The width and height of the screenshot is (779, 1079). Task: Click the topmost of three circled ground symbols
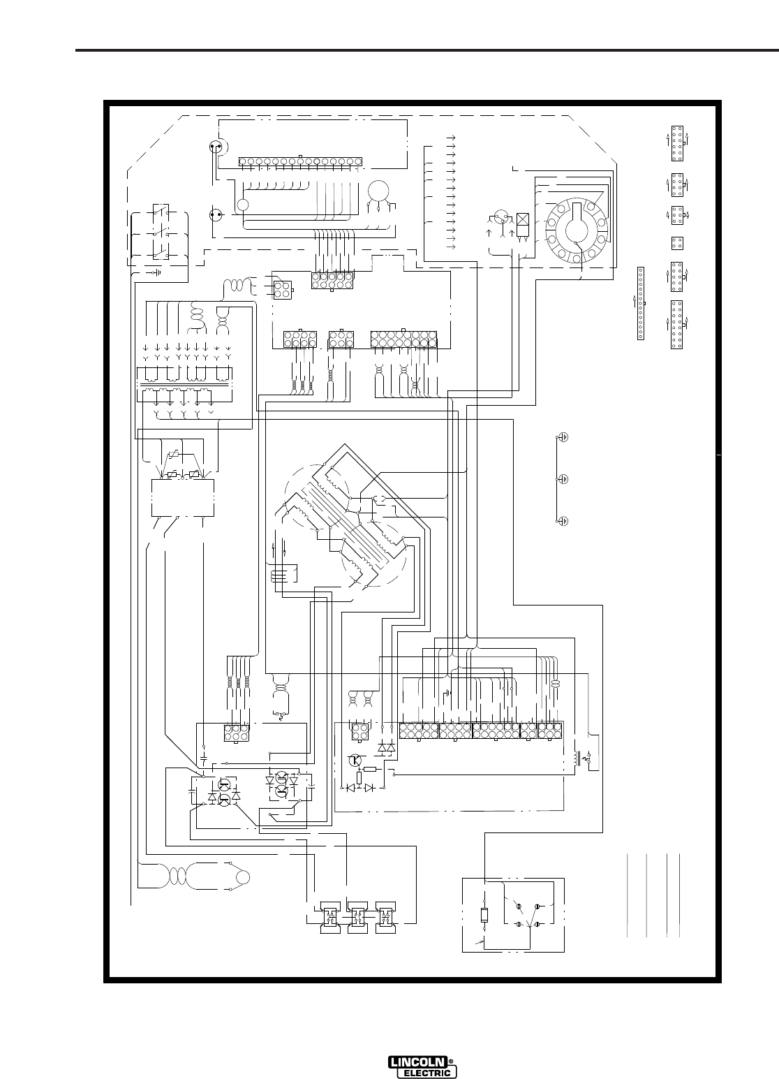pos(563,437)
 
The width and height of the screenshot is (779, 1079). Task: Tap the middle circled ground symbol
pos(563,479)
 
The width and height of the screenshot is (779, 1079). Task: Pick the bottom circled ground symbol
pos(563,521)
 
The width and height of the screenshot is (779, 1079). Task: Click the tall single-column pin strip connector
pos(641,304)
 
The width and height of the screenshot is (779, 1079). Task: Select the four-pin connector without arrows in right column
pos(676,243)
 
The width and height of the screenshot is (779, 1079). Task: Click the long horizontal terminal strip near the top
pos(299,162)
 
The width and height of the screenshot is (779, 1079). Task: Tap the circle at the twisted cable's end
pos(242,878)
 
